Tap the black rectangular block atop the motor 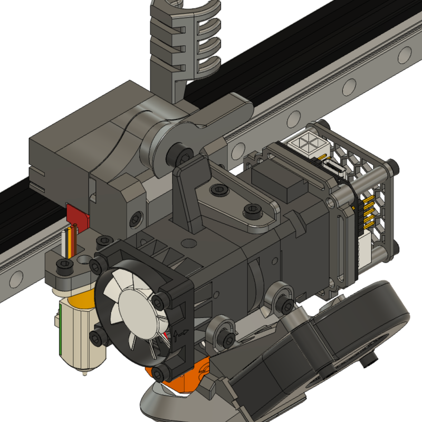[x=277, y=182]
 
